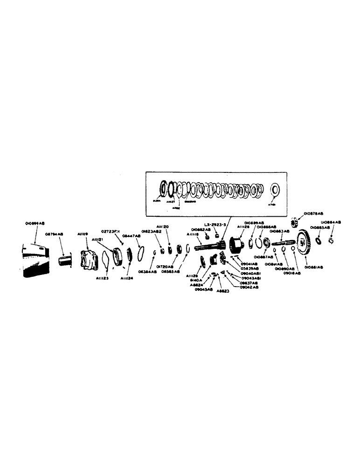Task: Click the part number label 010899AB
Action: pos(35,224)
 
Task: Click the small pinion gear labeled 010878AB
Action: pos(294,221)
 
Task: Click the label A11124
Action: pos(126,278)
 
